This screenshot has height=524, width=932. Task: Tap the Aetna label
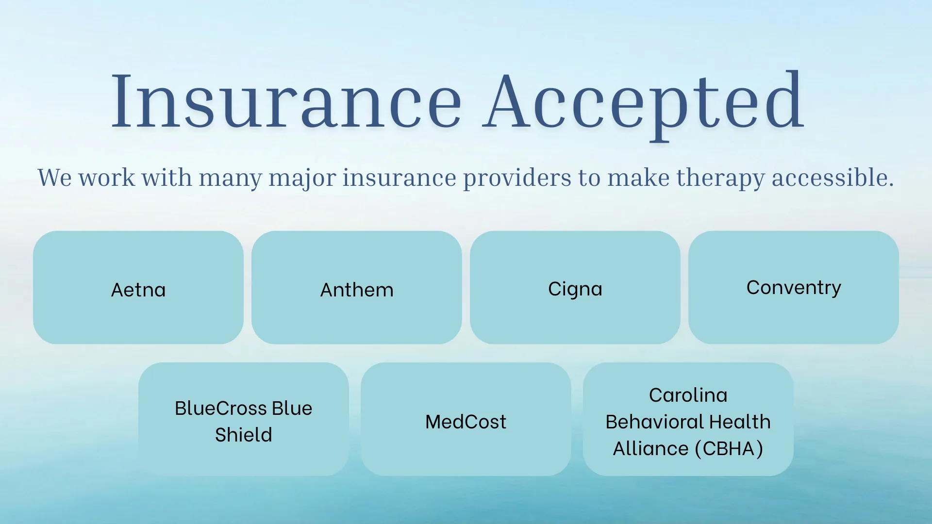138,290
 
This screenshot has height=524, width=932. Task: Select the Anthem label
357,290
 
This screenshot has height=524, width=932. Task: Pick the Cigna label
575,289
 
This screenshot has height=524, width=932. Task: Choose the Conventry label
793,288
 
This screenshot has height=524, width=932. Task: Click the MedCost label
466,422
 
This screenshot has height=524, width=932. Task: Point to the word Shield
243,435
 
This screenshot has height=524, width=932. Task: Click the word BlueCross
220,409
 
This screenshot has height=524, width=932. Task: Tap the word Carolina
688,395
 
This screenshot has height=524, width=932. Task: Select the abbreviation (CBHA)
729,449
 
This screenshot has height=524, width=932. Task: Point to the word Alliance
650,449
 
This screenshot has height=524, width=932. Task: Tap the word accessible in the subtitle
832,178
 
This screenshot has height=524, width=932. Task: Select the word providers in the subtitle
517,178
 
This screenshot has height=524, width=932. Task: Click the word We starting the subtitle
55,178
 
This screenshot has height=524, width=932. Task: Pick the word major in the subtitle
302,178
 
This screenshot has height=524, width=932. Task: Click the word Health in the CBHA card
740,422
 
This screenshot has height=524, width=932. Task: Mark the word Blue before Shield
292,409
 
